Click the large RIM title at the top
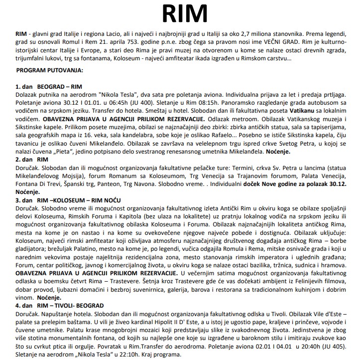point(181,12)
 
